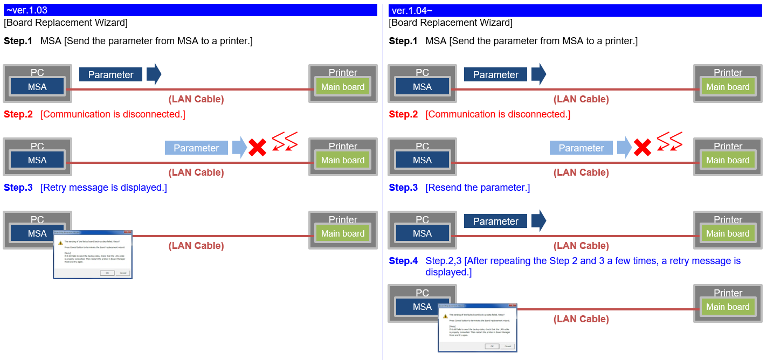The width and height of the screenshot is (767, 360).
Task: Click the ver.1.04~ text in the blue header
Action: click(x=412, y=10)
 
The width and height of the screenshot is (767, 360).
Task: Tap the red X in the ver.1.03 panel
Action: click(x=257, y=147)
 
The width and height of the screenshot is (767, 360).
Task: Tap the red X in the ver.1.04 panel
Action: click(x=642, y=147)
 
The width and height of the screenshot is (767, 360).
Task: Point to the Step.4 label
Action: click(x=403, y=261)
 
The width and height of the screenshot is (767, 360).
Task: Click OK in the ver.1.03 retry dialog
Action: click(x=107, y=273)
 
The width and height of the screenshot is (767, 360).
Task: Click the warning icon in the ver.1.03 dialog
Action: click(x=60, y=243)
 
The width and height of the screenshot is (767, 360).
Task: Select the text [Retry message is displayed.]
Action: click(x=103, y=188)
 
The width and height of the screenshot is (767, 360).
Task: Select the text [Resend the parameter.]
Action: click(x=478, y=188)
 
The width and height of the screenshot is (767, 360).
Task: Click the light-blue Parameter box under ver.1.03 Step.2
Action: click(x=196, y=148)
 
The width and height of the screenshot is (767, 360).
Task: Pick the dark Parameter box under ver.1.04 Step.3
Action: click(x=495, y=221)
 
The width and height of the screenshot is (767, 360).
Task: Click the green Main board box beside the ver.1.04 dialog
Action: click(x=728, y=307)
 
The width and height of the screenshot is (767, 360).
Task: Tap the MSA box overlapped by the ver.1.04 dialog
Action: click(x=422, y=307)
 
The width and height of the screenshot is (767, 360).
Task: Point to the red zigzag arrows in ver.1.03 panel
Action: click(x=285, y=141)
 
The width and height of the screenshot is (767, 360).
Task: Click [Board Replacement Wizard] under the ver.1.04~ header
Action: click(x=451, y=23)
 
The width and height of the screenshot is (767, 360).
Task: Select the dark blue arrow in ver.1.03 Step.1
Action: click(x=154, y=74)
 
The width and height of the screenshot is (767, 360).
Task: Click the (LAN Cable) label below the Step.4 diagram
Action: click(x=581, y=319)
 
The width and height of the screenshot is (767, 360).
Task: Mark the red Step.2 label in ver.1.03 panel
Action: click(x=18, y=114)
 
